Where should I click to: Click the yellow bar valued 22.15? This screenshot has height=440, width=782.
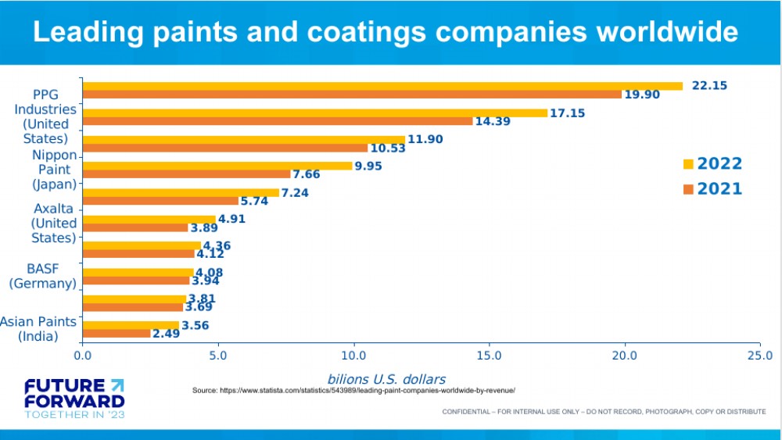click(382, 86)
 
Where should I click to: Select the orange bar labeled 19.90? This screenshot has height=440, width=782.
click(352, 95)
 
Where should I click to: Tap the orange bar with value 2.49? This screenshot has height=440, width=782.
click(117, 334)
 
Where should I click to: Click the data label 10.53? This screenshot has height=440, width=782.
click(387, 148)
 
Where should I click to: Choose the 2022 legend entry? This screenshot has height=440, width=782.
click(712, 164)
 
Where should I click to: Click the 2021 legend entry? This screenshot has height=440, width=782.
click(712, 189)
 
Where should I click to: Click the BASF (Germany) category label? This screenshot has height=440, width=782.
click(42, 276)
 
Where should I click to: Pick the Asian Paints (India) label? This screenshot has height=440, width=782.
click(39, 329)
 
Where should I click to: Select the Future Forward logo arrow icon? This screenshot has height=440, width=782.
click(117, 385)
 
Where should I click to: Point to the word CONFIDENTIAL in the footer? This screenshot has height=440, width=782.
click(468, 412)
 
